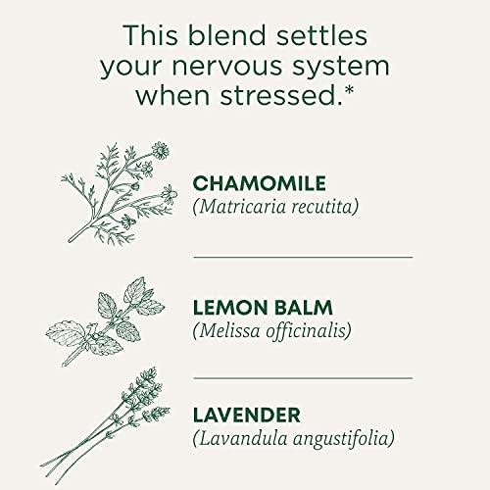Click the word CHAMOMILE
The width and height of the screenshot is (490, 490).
click(x=260, y=183)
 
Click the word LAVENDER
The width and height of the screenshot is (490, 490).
click(x=247, y=415)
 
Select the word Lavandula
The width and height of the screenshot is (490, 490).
click(x=241, y=437)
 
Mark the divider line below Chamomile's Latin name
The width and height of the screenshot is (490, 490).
click(x=303, y=257)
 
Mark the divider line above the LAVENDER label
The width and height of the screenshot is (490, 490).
click(x=303, y=374)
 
